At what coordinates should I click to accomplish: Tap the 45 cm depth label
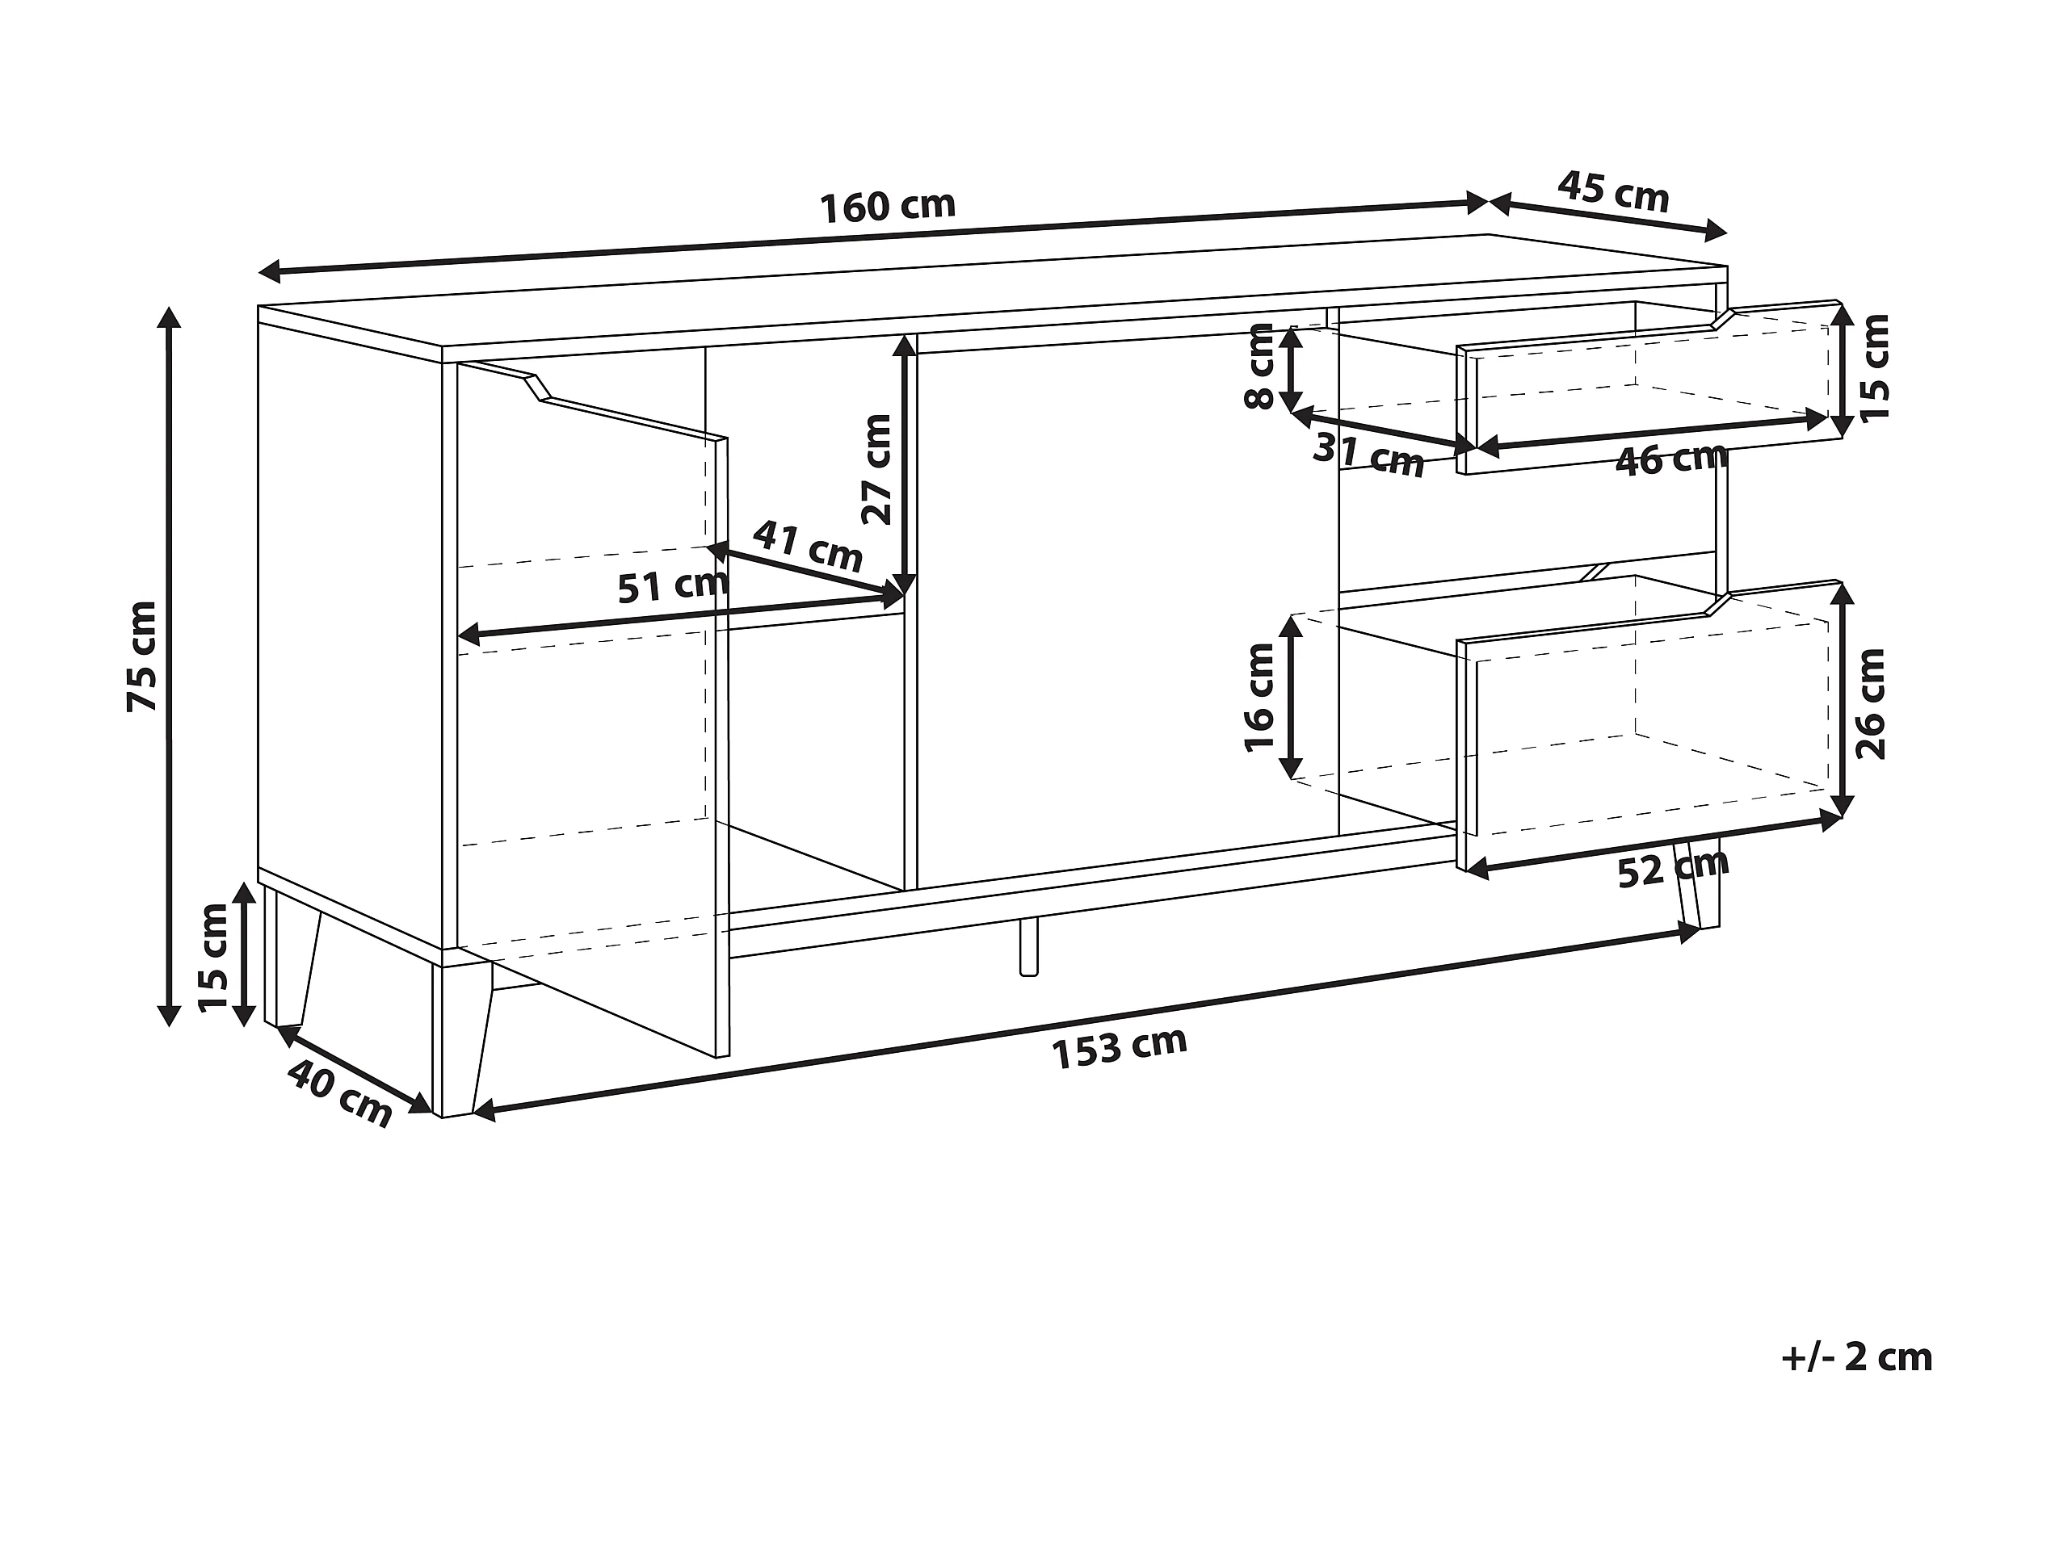click(1613, 193)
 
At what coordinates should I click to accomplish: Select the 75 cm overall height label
click(142, 656)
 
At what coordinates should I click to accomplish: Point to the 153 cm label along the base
click(1119, 1049)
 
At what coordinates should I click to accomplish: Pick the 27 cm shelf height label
click(877, 469)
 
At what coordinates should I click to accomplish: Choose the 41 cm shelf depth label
click(807, 547)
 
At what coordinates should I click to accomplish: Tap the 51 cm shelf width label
click(672, 586)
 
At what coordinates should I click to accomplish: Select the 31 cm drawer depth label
click(1368, 455)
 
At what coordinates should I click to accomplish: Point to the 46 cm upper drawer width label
click(1670, 459)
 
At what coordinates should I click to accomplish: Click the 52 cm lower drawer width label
click(1673, 870)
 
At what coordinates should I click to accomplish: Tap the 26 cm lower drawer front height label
click(1870, 703)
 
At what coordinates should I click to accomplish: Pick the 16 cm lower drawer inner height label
click(1259, 697)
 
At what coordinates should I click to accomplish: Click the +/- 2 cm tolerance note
click(1856, 1358)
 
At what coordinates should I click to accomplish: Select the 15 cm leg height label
click(213, 957)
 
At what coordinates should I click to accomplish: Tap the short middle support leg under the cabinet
click(1028, 948)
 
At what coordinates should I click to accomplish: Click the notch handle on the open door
click(537, 388)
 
